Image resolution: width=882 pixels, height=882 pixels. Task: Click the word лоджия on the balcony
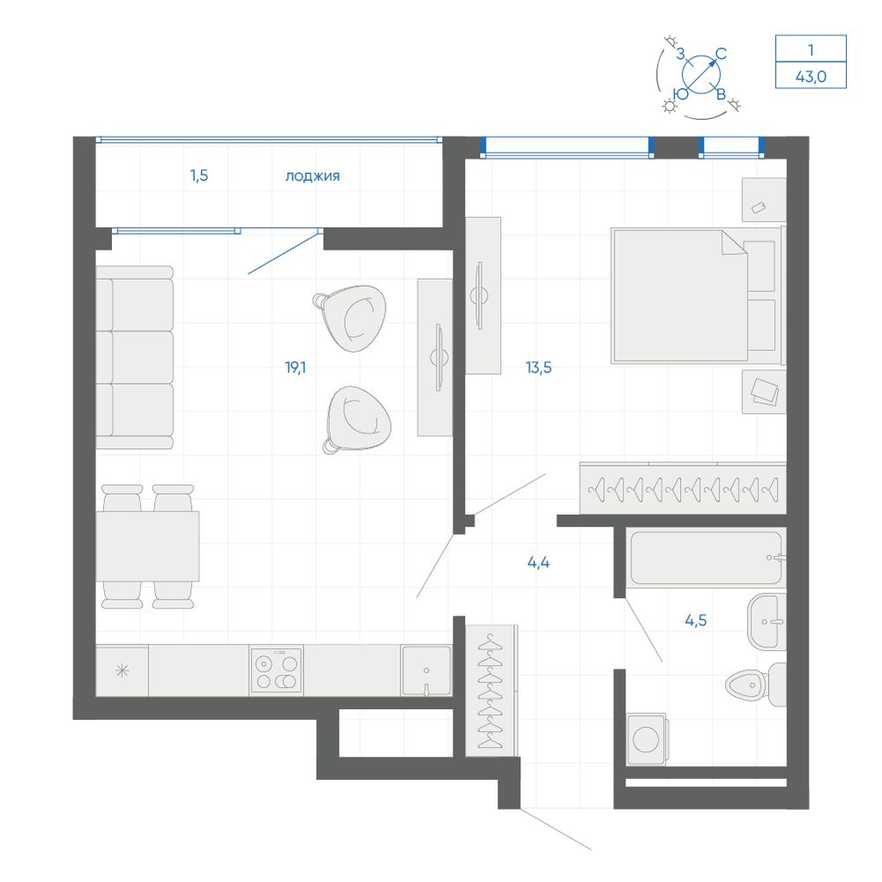click(312, 176)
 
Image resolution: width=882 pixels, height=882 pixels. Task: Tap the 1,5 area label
click(199, 176)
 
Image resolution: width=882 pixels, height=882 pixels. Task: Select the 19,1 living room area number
click(295, 368)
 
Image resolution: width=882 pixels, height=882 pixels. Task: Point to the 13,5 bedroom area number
click(538, 368)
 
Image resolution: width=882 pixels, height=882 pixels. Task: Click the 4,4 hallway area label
click(538, 562)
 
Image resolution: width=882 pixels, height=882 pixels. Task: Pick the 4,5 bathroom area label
click(696, 620)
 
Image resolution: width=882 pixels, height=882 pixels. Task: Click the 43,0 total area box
click(811, 76)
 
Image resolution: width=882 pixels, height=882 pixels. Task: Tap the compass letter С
click(721, 54)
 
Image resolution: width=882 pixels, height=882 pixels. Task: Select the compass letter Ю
click(681, 94)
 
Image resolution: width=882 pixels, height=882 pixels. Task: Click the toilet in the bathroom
click(756, 684)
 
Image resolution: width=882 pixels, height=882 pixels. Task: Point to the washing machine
click(647, 738)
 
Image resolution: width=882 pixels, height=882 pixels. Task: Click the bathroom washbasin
click(766, 622)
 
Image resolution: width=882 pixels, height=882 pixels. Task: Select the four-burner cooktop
click(276, 670)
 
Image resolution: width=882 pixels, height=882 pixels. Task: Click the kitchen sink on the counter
click(426, 670)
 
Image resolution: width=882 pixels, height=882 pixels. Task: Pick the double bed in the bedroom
click(697, 295)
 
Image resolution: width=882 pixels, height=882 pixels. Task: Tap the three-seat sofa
click(134, 358)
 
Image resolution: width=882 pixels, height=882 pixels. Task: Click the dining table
click(147, 546)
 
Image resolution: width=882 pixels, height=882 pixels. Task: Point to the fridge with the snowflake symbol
click(122, 670)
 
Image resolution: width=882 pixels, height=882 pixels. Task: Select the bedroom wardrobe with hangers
click(683, 489)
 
